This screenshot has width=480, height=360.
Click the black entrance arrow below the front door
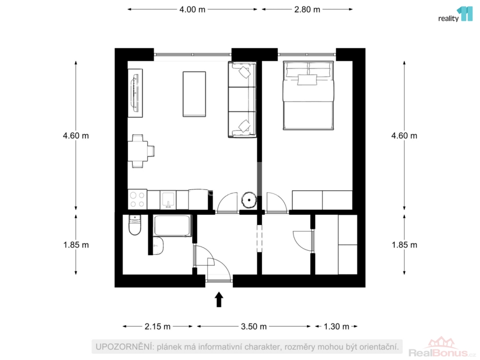tap(218, 300)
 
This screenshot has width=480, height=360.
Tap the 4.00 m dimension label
tap(192, 9)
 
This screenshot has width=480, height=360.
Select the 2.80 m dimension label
tap(307, 9)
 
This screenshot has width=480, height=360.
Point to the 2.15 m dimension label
tap(157, 327)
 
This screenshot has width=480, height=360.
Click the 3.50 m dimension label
tap(254, 327)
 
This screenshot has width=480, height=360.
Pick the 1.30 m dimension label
tap(337, 327)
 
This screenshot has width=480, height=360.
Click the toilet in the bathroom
tap(135, 225)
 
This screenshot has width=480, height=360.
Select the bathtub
tap(172, 225)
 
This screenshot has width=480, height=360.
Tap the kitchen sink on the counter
tap(168, 200)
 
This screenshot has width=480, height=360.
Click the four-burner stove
tap(137, 199)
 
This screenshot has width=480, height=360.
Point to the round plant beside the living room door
tap(249, 200)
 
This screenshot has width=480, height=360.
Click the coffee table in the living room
tap(194, 94)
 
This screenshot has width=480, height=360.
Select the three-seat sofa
tap(242, 99)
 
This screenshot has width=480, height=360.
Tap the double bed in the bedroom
tap(308, 96)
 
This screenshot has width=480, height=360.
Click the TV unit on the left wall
tap(135, 93)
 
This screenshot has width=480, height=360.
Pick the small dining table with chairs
tap(141, 151)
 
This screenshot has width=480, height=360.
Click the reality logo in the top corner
tap(456, 14)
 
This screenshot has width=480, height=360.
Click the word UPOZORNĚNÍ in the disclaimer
tap(124, 347)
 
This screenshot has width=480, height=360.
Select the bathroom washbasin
tap(158, 246)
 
